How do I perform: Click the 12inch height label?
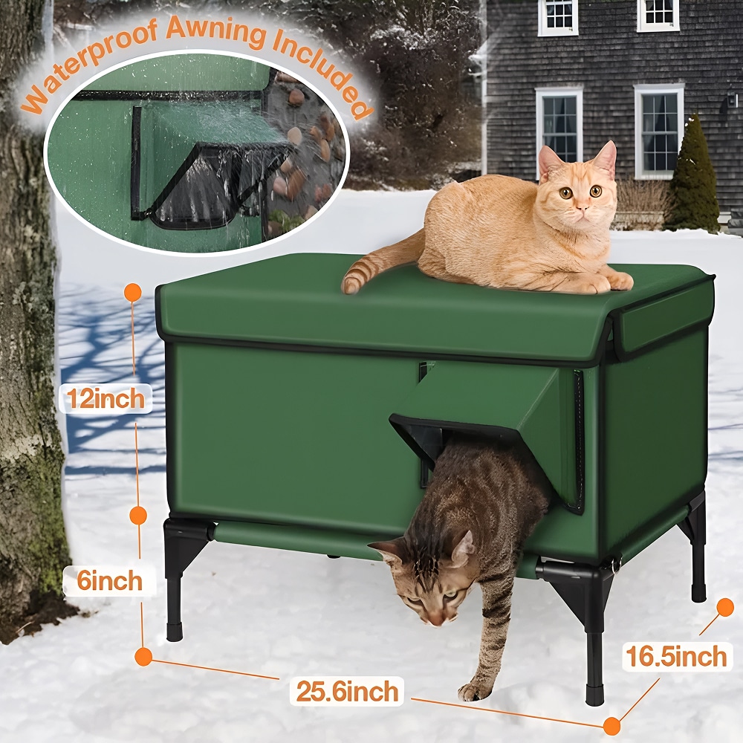(106, 398)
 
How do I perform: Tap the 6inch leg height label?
(109, 580)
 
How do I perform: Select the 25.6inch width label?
(347, 691)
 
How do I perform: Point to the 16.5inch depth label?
(676, 656)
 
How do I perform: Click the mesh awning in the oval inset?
(213, 183)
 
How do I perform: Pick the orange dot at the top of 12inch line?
(133, 292)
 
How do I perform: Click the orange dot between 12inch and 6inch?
(138, 515)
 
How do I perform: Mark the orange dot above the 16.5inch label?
(725, 607)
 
